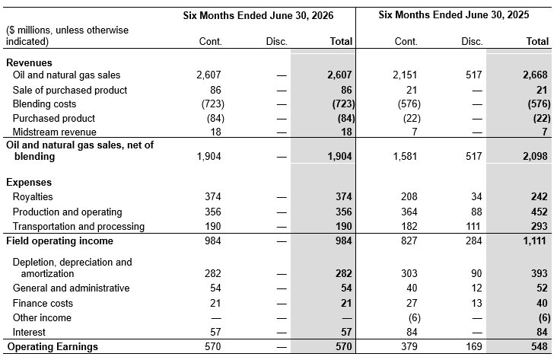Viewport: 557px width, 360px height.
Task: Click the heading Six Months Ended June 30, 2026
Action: [258, 16]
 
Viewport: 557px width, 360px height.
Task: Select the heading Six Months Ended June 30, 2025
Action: [454, 15]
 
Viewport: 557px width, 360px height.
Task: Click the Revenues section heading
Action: [29, 62]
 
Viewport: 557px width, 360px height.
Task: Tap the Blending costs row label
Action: [44, 104]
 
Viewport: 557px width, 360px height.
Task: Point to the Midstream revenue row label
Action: [54, 132]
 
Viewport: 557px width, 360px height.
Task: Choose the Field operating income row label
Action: [59, 241]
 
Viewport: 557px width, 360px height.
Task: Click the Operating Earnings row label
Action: [53, 346]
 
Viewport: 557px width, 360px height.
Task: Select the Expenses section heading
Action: [29, 183]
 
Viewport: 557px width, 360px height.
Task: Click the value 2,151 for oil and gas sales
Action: [405, 75]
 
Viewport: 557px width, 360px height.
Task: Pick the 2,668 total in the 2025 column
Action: [536, 75]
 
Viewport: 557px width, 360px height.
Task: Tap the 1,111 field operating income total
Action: [534, 241]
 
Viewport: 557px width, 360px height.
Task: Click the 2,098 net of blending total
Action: [536, 156]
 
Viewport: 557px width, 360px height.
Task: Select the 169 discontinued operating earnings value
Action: [474, 346]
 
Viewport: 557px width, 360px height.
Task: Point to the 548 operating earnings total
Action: [539, 346]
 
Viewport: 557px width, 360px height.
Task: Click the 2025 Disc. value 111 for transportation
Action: [473, 226]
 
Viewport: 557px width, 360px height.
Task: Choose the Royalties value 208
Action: [409, 197]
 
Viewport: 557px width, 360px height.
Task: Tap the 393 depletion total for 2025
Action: [539, 273]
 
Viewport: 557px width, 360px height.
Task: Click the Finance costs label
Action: [43, 303]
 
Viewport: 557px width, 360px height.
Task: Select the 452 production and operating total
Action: [539, 212]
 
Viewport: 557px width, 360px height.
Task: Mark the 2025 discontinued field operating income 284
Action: [474, 241]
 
